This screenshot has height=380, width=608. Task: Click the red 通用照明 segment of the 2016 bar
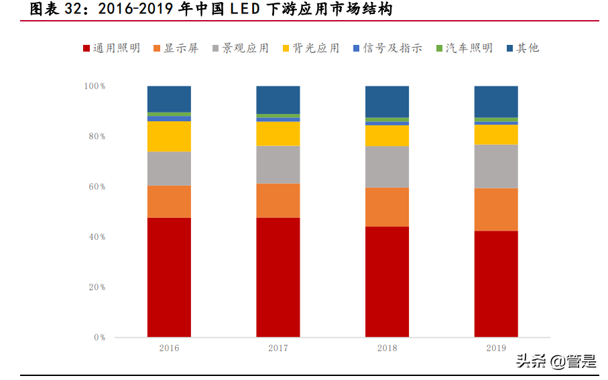pyautogui.click(x=169, y=277)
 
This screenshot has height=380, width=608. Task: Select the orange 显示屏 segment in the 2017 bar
pyautogui.click(x=278, y=200)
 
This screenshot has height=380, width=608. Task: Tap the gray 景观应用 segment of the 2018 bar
pyautogui.click(x=387, y=166)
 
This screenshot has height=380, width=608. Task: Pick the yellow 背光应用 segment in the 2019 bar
pyautogui.click(x=496, y=134)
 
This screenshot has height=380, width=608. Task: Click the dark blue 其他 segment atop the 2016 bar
pyautogui.click(x=169, y=99)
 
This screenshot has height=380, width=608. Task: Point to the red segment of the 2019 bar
pyautogui.click(x=496, y=283)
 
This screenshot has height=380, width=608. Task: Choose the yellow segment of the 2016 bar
pyautogui.click(x=169, y=136)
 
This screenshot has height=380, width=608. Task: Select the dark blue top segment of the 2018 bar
pyautogui.click(x=387, y=101)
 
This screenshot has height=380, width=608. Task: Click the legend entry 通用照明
pyautogui.click(x=111, y=48)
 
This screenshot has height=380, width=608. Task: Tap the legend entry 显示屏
pyautogui.click(x=176, y=48)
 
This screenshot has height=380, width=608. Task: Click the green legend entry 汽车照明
pyautogui.click(x=464, y=48)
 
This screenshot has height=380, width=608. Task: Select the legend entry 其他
pyautogui.click(x=523, y=48)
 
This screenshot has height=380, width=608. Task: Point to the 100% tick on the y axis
pyautogui.click(x=95, y=86)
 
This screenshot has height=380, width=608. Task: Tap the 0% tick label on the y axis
pyautogui.click(x=99, y=338)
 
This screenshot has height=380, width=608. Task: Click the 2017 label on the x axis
pyautogui.click(x=278, y=349)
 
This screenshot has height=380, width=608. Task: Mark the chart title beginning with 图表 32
pyautogui.click(x=207, y=9)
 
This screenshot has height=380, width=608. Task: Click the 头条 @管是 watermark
pyautogui.click(x=555, y=362)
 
